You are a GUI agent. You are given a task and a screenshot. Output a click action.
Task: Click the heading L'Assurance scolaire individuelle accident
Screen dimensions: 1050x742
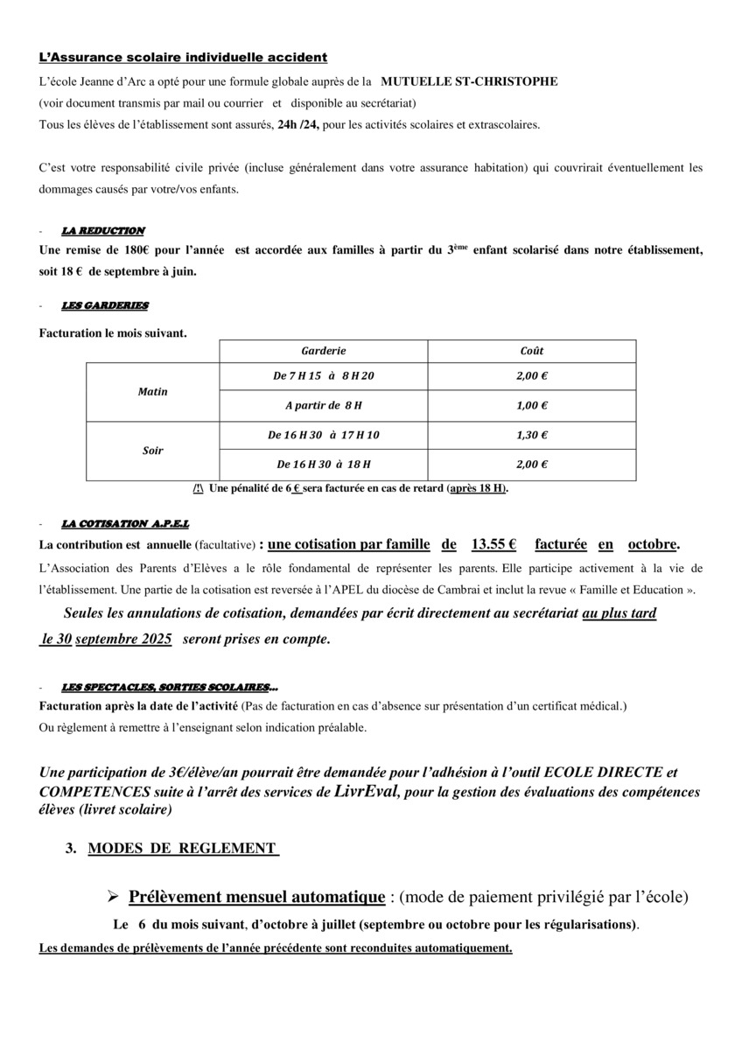[x=183, y=58]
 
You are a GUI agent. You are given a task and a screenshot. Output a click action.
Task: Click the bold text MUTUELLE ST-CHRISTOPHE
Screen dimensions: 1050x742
[x=469, y=81]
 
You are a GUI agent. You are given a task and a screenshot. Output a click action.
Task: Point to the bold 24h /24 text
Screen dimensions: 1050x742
[x=299, y=125]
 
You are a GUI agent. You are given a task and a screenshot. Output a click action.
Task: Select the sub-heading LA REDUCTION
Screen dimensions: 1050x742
[x=103, y=231]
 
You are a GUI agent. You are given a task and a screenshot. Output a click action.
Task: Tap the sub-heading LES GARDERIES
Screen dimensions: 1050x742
[x=105, y=305]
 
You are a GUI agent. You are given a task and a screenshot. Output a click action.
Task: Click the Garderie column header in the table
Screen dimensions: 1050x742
[x=324, y=351]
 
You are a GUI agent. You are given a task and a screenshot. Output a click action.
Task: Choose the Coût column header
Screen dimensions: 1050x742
[x=532, y=351]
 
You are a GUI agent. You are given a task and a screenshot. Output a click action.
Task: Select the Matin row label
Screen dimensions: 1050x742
[x=152, y=392]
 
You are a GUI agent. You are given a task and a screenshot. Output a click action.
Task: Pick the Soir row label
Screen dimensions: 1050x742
[x=152, y=451]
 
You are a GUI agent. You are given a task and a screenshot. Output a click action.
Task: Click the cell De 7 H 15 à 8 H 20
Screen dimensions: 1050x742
[x=324, y=376]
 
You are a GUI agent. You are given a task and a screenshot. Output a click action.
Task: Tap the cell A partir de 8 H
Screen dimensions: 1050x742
[x=324, y=406]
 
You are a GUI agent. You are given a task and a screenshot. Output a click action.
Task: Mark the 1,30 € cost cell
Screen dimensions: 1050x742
[x=532, y=435]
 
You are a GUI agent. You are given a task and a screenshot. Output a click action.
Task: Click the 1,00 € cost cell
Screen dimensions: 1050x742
[x=532, y=406]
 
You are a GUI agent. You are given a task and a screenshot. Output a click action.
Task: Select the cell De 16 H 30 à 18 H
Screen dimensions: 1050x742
[x=324, y=465]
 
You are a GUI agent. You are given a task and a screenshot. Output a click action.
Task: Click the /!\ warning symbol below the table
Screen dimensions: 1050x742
[x=199, y=488]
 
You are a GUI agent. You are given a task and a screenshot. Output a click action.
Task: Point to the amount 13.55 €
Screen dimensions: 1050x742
[x=493, y=544]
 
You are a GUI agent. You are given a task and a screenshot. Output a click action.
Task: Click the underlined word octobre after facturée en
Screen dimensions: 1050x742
[x=653, y=544]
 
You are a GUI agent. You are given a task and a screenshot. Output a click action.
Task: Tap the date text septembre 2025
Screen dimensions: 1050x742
[x=123, y=640]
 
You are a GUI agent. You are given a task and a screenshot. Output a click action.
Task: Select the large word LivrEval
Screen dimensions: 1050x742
[x=366, y=793]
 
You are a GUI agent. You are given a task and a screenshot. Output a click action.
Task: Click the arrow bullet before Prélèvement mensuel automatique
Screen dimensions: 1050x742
[x=113, y=898]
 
